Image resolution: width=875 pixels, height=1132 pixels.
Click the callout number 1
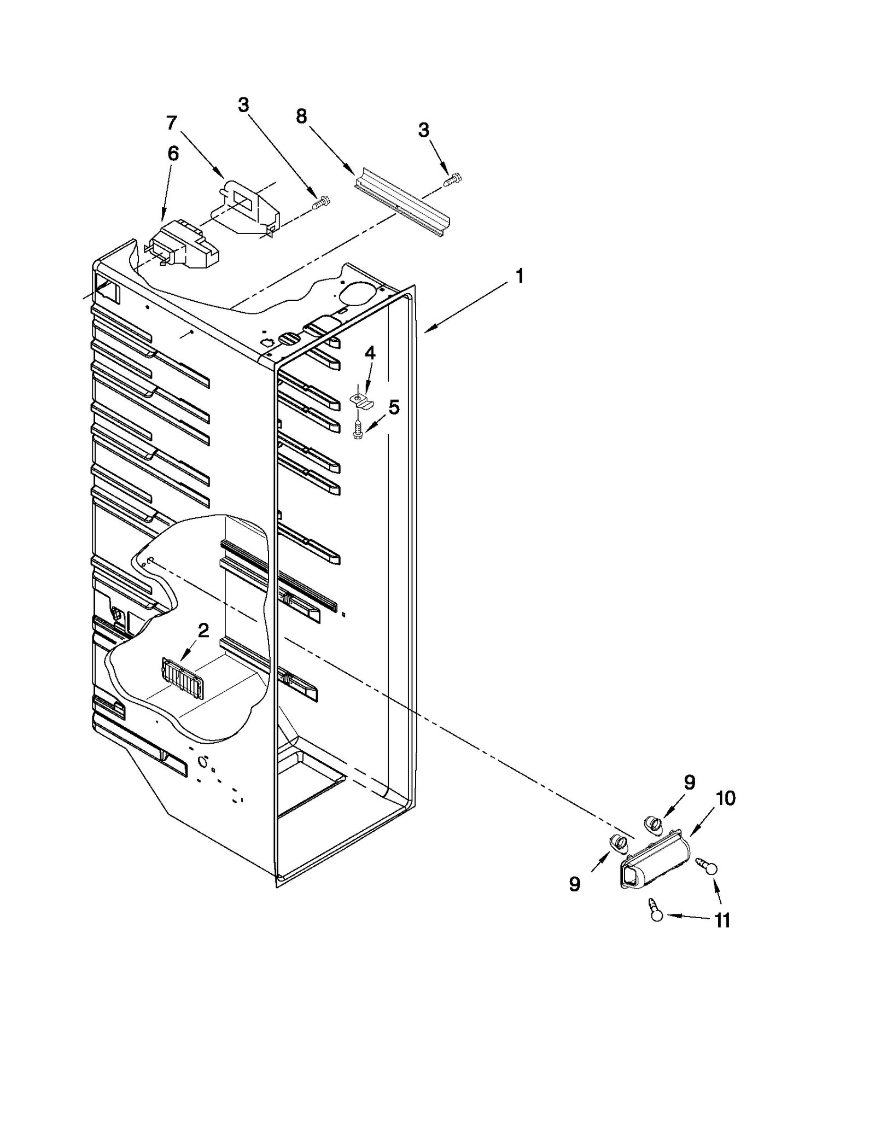pyautogui.click(x=519, y=277)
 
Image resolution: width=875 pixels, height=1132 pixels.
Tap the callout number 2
pyautogui.click(x=203, y=631)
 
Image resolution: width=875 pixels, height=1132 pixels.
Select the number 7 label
pyautogui.click(x=172, y=124)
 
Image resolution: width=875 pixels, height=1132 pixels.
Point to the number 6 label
pyautogui.click(x=173, y=154)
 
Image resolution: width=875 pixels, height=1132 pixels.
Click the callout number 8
pyautogui.click(x=301, y=116)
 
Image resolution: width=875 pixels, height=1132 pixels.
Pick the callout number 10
pyautogui.click(x=725, y=798)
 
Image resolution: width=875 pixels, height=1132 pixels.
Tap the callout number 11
pyautogui.click(x=722, y=921)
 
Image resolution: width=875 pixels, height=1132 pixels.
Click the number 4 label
pyautogui.click(x=370, y=353)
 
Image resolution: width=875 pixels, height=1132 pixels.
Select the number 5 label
pyautogui.click(x=394, y=407)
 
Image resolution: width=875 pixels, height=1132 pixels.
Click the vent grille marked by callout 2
pyautogui.click(x=183, y=677)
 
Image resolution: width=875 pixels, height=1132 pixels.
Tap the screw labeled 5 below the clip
pyautogui.click(x=358, y=430)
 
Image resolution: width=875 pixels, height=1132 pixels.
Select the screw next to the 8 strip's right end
pyautogui.click(x=453, y=179)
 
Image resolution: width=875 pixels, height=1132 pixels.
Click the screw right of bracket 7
pyautogui.click(x=319, y=203)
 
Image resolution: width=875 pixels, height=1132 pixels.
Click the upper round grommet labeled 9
pyautogui.click(x=652, y=822)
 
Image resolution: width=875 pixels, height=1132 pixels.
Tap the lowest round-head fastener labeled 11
pyautogui.click(x=655, y=911)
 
